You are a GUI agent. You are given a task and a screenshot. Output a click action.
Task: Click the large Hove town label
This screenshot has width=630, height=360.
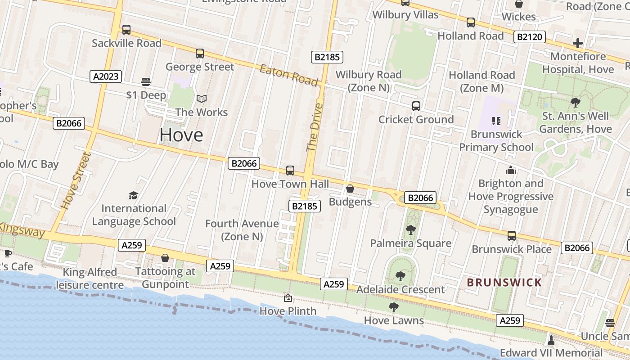coord(181,135)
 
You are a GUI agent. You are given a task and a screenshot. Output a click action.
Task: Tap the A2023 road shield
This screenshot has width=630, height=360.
coord(106,76)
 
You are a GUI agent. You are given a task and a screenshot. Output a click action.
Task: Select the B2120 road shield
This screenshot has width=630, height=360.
coord(530,37)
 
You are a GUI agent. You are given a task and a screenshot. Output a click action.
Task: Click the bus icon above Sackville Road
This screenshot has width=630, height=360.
coord(126,30)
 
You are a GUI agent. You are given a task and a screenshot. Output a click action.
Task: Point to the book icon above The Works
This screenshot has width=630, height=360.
coord(202,99)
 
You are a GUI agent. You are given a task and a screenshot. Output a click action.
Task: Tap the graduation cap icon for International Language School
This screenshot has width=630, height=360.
coord(133,195)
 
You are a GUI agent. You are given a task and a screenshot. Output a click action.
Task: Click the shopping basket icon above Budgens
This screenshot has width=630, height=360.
coord(350,189)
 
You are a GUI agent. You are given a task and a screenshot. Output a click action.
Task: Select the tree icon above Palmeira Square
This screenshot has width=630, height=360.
coord(410,230)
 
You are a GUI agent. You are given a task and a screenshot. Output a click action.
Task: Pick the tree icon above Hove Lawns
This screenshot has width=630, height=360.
coord(394,307)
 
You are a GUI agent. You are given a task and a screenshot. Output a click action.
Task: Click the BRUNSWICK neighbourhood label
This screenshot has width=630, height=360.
coord(504,283)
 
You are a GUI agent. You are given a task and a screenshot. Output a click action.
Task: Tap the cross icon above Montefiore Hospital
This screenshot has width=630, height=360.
coord(578,43)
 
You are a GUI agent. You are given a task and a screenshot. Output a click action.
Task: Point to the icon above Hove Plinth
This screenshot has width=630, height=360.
coord(288,298)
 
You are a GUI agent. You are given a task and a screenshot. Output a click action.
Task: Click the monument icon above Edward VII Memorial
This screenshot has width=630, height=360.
coord(551,339)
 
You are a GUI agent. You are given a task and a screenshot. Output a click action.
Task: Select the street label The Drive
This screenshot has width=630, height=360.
coord(315,127)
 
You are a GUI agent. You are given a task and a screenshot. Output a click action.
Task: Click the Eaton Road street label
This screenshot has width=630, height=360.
coord(289,75)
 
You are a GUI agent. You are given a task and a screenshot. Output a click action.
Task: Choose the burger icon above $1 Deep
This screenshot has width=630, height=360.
coord(145,81)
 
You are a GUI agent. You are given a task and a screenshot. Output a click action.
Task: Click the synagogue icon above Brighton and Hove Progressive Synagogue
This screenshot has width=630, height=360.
coord(510,170)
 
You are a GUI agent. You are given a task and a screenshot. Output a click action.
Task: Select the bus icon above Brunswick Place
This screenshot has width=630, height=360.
coord(512,236)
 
